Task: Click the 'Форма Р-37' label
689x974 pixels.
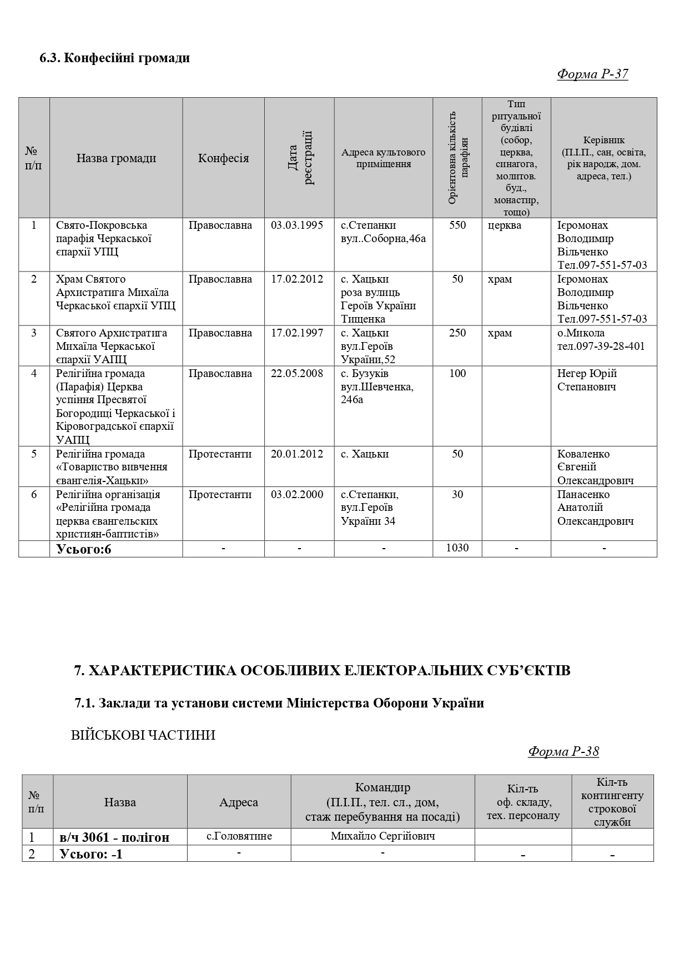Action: tap(592, 74)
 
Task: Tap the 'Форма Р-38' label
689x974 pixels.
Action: tap(564, 751)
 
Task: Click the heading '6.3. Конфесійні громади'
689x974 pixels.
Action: tap(115, 58)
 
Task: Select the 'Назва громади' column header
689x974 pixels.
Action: tap(116, 158)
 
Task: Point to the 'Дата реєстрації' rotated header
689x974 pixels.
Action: tap(300, 158)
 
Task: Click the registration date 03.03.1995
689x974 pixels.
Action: tap(297, 225)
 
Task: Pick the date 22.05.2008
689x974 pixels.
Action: tap(297, 374)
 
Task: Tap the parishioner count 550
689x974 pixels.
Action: tap(457, 225)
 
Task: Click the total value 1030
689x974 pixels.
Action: tap(457, 548)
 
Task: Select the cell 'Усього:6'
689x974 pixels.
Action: tap(84, 549)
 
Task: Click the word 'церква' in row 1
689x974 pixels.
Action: tap(505, 225)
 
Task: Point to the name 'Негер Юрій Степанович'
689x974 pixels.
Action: tap(587, 380)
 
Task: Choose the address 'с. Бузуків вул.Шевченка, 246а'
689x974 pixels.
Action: tap(377, 386)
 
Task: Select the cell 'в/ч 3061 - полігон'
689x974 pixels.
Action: tap(114, 837)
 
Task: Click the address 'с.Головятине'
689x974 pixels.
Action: tap(239, 836)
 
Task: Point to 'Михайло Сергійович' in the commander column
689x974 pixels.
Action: tap(383, 836)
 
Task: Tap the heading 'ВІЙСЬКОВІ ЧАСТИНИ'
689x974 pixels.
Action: tap(143, 735)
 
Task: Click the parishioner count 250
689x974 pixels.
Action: tap(457, 333)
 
